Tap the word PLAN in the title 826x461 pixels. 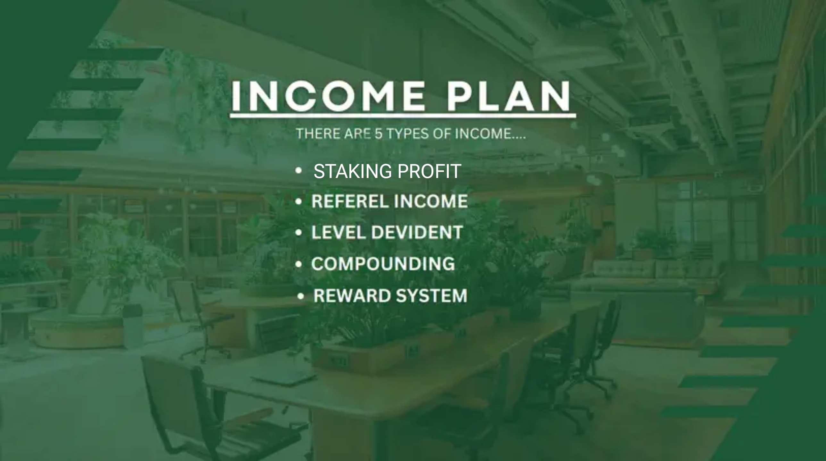tap(509, 96)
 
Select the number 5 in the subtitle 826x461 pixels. tap(378, 133)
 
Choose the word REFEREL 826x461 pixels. tap(350, 201)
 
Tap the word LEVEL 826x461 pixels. tap(338, 232)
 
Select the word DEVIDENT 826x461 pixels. tap(417, 232)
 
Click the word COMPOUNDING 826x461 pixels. tap(383, 264)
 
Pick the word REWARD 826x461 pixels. tap(352, 295)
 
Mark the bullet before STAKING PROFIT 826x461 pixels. tap(298, 171)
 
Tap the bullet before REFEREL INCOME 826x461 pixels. tap(298, 201)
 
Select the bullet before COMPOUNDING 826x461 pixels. tap(298, 264)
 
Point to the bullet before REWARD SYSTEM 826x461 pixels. tap(300, 296)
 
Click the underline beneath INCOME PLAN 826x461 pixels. tap(403, 115)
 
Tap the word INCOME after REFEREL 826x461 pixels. tap(431, 201)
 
